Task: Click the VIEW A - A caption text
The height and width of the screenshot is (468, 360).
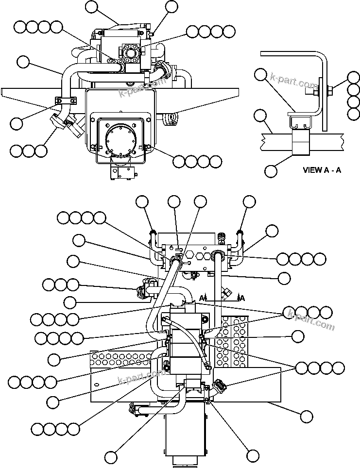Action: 321,170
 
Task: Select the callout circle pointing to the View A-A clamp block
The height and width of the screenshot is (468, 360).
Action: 271,170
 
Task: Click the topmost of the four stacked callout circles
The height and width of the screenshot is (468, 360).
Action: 354,78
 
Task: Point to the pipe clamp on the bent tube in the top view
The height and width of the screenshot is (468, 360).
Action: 64,101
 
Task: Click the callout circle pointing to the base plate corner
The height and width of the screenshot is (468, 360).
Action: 306,416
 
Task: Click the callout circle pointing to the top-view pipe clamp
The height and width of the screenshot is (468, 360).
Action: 17,123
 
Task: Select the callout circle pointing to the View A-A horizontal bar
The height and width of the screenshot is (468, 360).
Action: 261,115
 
